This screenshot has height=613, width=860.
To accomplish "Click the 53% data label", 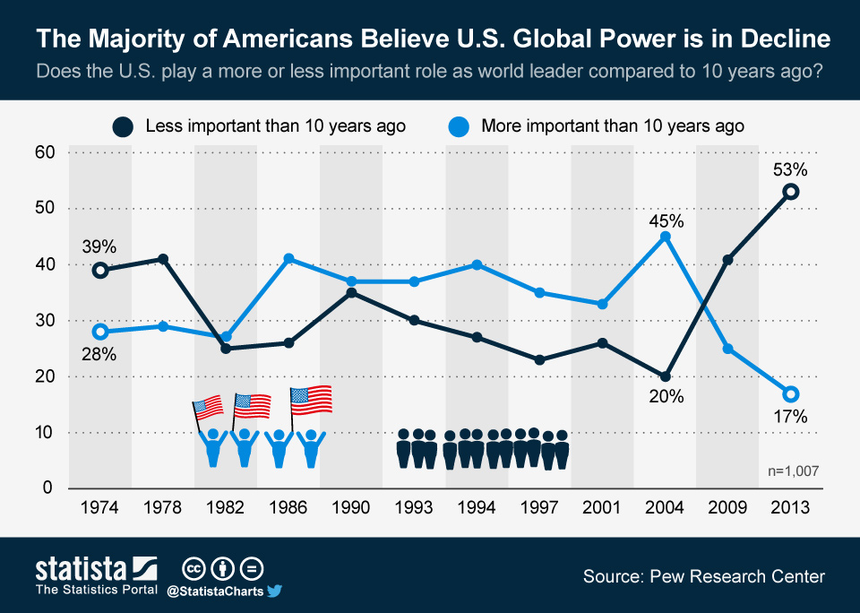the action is click(790, 170).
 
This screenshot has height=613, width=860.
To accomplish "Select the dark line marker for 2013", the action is click(790, 192).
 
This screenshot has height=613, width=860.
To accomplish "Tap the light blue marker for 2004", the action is click(666, 237).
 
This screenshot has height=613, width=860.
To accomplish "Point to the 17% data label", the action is click(790, 417).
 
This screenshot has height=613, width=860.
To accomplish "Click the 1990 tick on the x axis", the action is click(351, 507).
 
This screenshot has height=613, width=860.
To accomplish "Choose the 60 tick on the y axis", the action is click(45, 152).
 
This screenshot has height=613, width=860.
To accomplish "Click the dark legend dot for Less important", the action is click(123, 126).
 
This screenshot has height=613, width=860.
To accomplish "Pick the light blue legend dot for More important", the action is click(459, 126).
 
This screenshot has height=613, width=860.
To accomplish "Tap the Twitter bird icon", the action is click(274, 591).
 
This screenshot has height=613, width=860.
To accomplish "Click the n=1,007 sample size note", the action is click(793, 471).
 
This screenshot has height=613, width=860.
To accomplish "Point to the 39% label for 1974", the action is click(99, 247).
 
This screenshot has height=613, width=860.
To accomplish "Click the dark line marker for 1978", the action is click(163, 259).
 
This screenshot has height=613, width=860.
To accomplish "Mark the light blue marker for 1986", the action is click(288, 259).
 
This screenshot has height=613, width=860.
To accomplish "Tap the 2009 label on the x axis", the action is click(727, 507).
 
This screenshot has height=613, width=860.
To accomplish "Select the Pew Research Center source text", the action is click(704, 577).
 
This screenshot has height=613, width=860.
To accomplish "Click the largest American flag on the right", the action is click(311, 400).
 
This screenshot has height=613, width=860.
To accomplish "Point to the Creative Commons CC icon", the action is click(193, 570).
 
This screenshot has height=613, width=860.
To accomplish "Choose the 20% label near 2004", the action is click(666, 396).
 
